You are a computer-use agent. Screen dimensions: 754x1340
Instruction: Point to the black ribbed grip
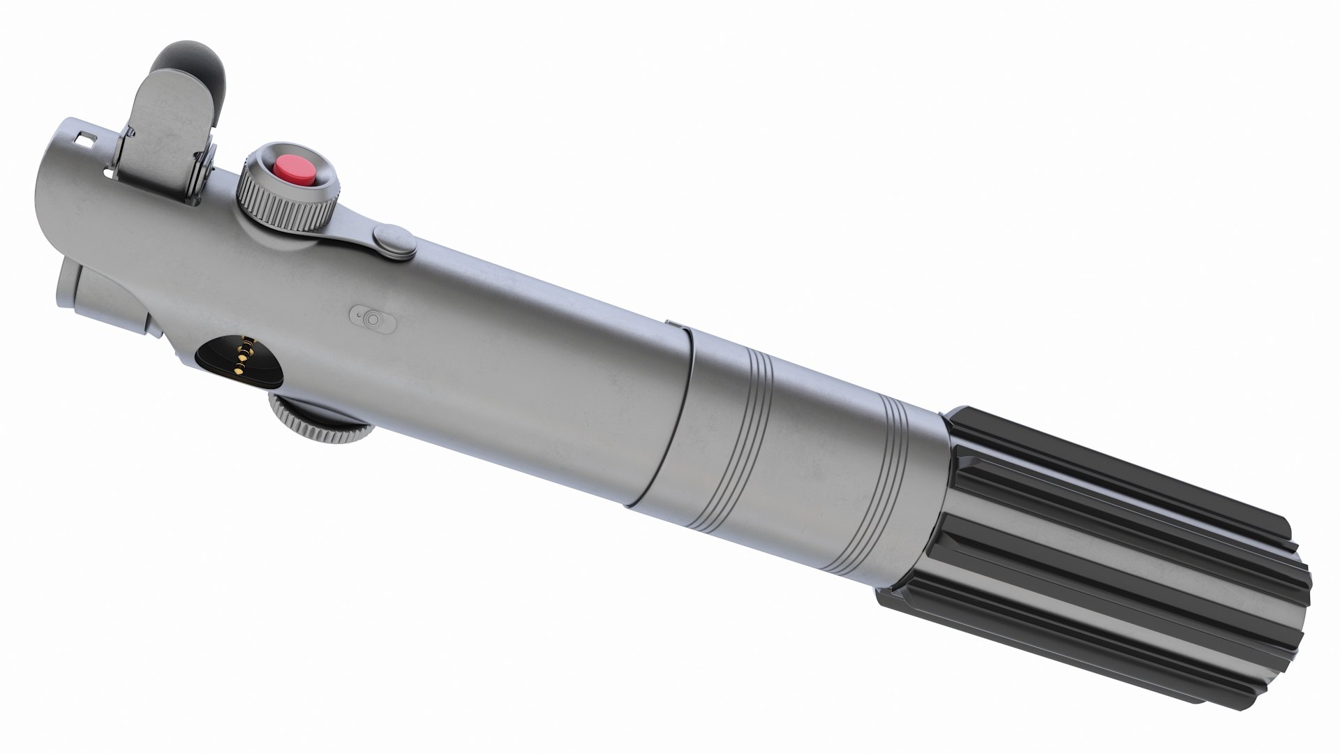pyautogui.click(x=1089, y=559)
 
